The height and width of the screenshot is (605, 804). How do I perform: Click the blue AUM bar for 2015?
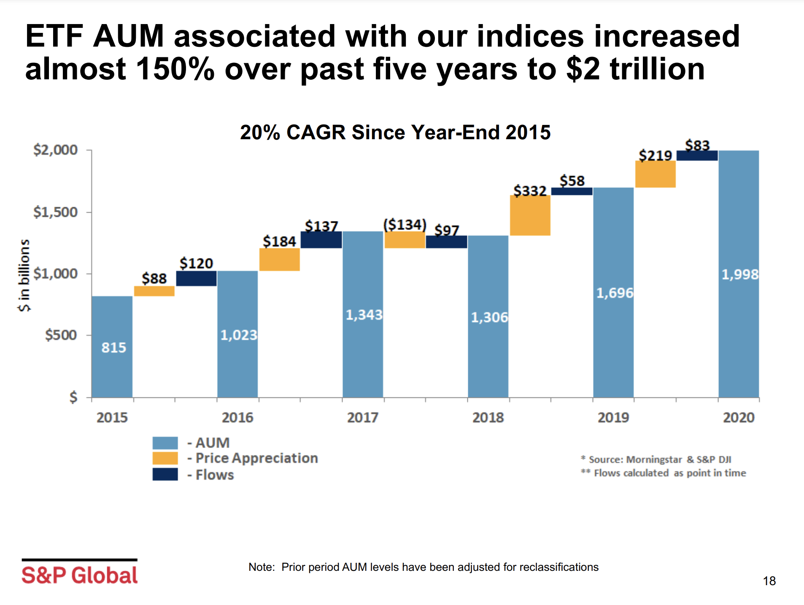coord(112,346)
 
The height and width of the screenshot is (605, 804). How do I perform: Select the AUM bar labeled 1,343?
coord(363,314)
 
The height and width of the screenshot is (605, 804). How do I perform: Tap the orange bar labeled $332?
coord(530,215)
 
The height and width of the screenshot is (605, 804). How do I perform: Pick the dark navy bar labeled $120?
coord(196,278)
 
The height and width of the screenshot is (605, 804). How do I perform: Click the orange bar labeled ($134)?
coord(405,240)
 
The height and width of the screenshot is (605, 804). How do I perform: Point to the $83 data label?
coord(697,145)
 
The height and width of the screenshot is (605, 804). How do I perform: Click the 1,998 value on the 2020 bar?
coord(739,275)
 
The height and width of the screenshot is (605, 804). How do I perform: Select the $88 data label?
coord(154,278)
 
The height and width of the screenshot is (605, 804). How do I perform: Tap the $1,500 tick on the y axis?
coord(56,212)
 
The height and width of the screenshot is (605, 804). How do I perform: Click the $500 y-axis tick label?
coord(61,335)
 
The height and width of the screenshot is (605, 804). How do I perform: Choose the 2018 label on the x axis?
coord(488,417)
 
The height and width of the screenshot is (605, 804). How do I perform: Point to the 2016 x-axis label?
coord(237,417)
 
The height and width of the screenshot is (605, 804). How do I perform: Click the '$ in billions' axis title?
coord(24,275)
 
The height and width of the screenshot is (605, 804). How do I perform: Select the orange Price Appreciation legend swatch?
coord(165,458)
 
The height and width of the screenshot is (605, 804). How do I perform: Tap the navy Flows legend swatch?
coord(165,474)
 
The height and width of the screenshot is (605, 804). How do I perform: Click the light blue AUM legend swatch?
coord(165,443)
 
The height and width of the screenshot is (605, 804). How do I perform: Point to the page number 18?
coord(769,581)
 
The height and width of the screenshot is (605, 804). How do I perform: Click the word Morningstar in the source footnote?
coord(653,459)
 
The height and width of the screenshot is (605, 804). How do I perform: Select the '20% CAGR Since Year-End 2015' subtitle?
coord(395,132)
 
